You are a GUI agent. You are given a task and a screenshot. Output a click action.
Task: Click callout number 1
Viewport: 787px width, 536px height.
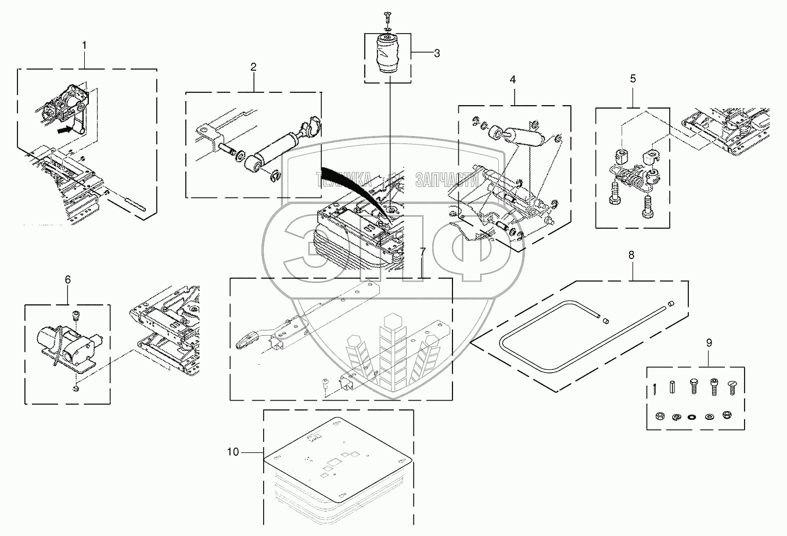[x=85, y=45]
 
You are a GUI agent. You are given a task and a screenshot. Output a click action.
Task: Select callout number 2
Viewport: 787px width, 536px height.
[x=253, y=67]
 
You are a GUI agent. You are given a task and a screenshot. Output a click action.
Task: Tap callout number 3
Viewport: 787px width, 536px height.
[x=437, y=53]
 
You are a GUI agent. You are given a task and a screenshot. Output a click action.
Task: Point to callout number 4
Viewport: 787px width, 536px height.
[x=513, y=80]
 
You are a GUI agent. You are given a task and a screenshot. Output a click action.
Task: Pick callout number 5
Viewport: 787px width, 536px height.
[x=633, y=77]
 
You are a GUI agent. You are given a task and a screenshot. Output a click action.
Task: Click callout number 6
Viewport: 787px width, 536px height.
[x=67, y=279]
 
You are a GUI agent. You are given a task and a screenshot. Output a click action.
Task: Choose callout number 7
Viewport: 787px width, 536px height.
[x=422, y=251]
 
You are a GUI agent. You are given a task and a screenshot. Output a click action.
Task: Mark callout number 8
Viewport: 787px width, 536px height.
[x=631, y=254]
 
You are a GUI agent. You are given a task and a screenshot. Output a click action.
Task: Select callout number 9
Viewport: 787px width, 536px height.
[x=709, y=343]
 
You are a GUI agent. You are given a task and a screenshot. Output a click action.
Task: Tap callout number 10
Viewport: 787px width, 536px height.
[x=232, y=452]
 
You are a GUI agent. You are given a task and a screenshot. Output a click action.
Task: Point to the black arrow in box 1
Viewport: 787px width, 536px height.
[x=67, y=129]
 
